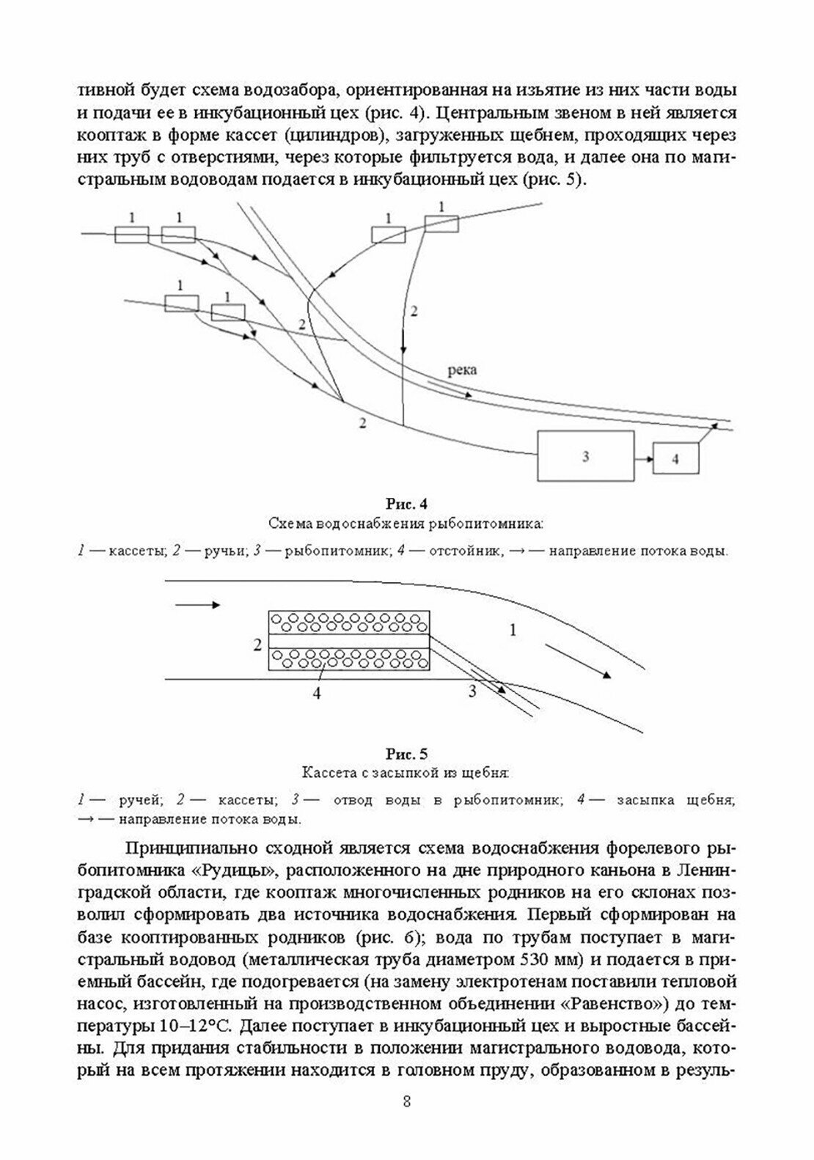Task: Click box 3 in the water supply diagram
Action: click(586, 456)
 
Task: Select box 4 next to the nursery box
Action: click(675, 459)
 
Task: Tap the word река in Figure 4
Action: click(461, 370)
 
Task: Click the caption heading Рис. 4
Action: click(406, 504)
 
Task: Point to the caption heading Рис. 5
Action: click(406, 754)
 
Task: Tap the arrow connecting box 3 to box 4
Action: click(644, 459)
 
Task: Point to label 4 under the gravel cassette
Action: click(316, 694)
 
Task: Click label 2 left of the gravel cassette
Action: click(257, 645)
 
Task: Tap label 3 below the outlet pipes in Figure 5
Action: click(472, 691)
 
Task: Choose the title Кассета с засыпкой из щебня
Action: click(406, 773)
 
